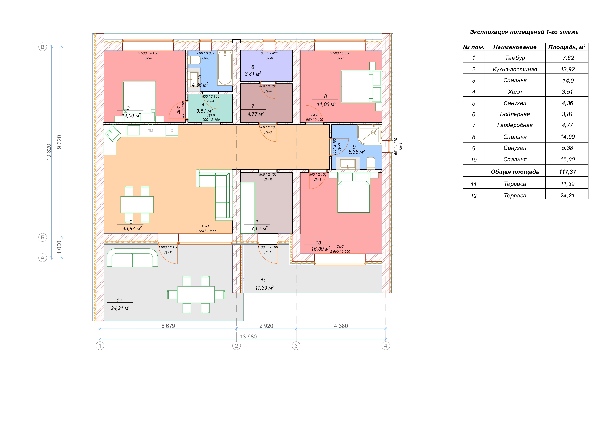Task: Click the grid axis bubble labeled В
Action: click(42, 47)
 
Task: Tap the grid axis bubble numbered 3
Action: click(296, 346)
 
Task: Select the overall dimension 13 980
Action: click(248, 337)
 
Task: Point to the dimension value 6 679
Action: click(168, 326)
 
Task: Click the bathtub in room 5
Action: click(225, 68)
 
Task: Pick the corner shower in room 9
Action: click(369, 135)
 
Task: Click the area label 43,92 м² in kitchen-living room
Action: click(132, 228)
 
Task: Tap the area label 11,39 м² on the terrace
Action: click(264, 288)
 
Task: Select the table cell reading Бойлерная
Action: click(515, 114)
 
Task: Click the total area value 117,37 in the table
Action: click(568, 172)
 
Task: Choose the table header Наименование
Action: click(515, 47)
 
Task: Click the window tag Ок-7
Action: click(340, 58)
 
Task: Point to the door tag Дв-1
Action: click(268, 252)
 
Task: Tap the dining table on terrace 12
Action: click(196, 295)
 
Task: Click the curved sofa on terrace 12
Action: click(132, 258)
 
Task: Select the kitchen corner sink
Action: click(113, 134)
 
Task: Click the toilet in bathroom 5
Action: click(194, 60)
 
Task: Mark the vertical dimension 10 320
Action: click(49, 152)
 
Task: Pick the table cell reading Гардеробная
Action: click(515, 125)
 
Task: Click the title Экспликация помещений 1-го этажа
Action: click(524, 32)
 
